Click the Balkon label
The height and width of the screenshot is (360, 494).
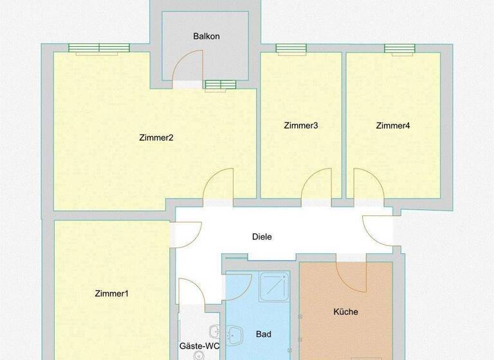coord(206,36)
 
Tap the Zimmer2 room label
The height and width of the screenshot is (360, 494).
coord(156,137)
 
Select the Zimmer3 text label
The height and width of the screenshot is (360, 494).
coord(300,125)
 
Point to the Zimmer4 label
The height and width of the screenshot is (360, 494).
coord(392,125)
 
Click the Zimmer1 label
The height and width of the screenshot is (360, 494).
coord(111,294)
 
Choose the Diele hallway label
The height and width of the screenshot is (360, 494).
coord(262,237)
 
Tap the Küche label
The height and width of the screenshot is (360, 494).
coord(345,312)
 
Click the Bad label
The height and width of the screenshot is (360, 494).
coord(263,334)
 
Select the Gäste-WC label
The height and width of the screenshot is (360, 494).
coord(199,346)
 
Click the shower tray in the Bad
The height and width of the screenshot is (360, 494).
coord(274,287)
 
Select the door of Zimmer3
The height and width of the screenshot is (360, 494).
coord(316,186)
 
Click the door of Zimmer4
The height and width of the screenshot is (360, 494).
coord(369,186)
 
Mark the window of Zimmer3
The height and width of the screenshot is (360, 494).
coord(291,49)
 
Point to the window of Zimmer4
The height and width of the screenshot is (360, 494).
coord(399,49)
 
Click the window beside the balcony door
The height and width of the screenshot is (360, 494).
coord(221,85)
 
